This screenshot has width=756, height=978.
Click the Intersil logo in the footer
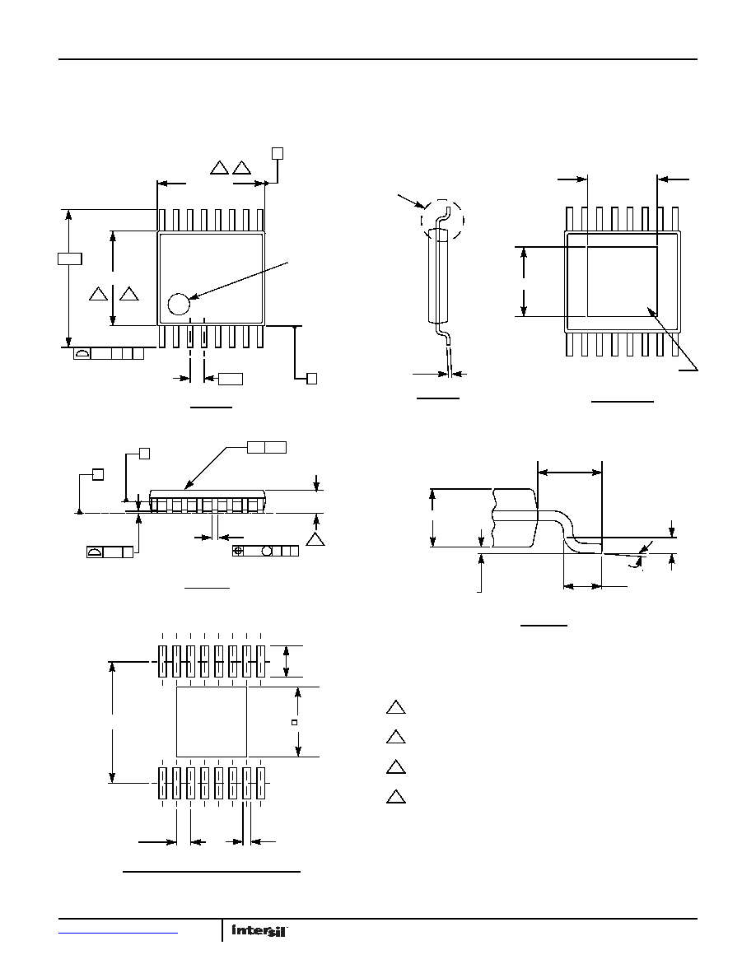point(259,930)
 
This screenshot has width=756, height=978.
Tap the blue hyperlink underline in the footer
point(119,933)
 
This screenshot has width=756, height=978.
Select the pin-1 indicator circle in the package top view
point(179,304)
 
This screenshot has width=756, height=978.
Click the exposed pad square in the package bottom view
point(623,282)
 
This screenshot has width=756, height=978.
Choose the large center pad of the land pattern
point(212,722)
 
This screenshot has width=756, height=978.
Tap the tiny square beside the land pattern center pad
point(295,722)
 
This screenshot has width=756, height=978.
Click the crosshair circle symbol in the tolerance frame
point(238,551)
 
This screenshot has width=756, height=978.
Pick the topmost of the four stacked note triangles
point(396,707)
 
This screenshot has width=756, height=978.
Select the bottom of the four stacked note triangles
point(396,797)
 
